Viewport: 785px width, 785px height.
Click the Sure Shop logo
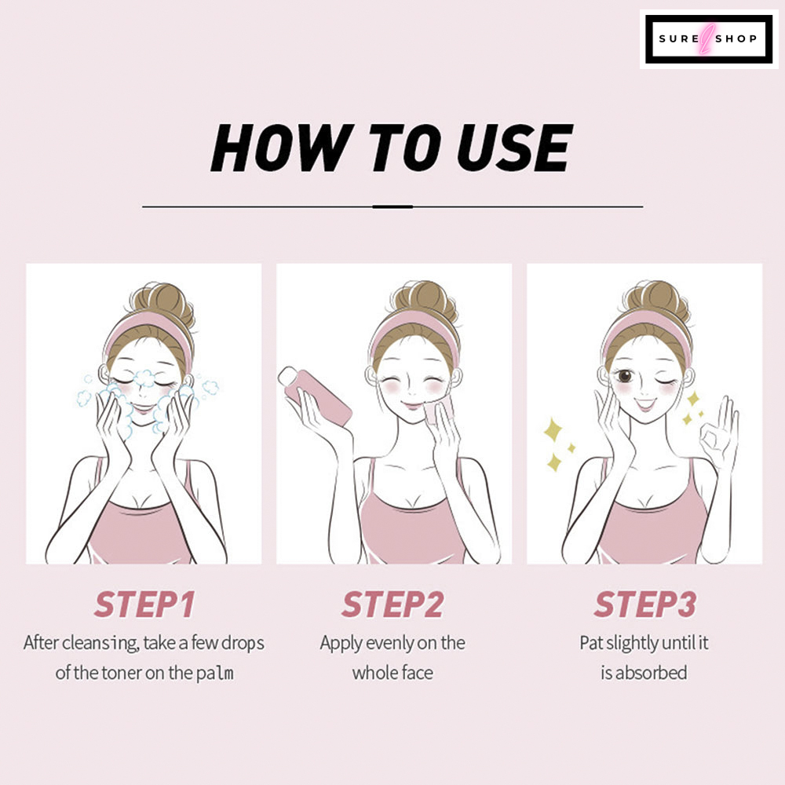pos(708,39)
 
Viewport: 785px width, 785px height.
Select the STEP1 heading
pos(144,604)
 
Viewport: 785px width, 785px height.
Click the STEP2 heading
pos(392,604)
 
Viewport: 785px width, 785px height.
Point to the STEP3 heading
pos(644,604)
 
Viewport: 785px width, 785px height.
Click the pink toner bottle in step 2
pos(315,396)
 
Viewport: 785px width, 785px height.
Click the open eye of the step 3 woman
pos(624,375)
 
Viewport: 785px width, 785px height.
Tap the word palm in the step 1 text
pos(215,674)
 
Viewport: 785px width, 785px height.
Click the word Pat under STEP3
pos(591,643)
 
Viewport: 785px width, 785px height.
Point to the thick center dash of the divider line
pos(392,206)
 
